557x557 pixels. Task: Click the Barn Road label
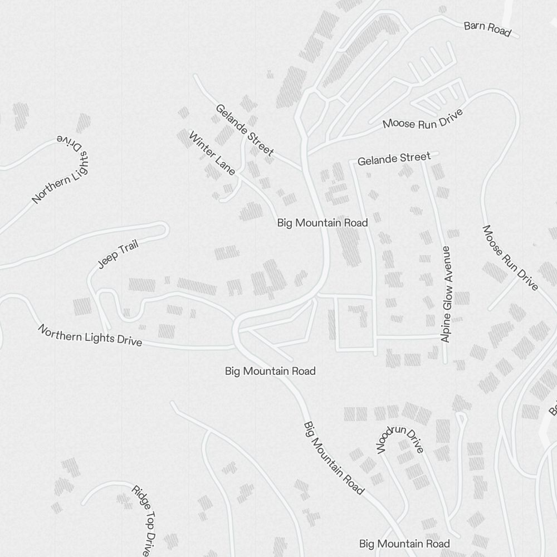(x=487, y=28)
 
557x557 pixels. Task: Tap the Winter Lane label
(x=212, y=153)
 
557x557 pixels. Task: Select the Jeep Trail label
(x=118, y=255)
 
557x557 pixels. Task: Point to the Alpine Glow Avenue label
(x=445, y=294)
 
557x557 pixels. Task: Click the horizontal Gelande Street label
(x=394, y=159)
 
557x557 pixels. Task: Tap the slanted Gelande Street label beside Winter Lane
(x=245, y=130)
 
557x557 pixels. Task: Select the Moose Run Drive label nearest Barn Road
(x=423, y=120)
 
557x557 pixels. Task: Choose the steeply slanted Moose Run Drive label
(x=510, y=257)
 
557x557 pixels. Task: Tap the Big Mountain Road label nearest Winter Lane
(x=323, y=223)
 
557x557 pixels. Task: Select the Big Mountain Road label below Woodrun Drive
(x=404, y=544)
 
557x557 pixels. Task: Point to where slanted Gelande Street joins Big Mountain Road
(x=302, y=168)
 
